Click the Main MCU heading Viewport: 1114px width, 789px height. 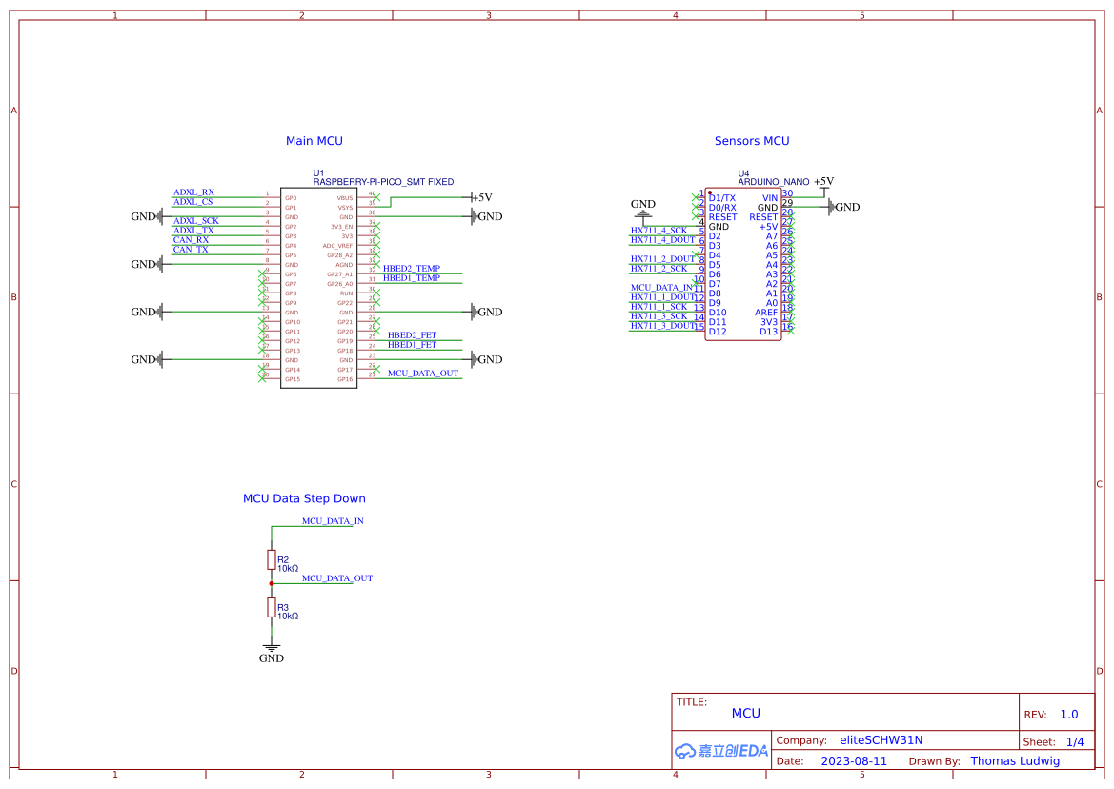[x=314, y=141]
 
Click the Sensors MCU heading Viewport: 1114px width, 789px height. [x=752, y=141]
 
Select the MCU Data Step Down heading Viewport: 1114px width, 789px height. [x=304, y=498]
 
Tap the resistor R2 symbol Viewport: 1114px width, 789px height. [x=272, y=559]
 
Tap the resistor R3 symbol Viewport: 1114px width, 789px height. [x=272, y=608]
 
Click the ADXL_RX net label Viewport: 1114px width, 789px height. [x=193, y=192]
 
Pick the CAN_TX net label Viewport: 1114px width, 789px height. [x=191, y=250]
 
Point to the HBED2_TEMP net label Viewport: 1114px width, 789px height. [x=412, y=269]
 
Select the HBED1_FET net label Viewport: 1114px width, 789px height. [x=412, y=345]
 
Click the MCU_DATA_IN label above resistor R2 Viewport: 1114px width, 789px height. [x=333, y=521]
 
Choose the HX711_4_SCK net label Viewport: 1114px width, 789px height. [x=658, y=231]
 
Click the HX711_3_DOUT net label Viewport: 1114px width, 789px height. [x=663, y=326]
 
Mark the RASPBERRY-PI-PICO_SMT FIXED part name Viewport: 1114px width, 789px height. [x=383, y=181]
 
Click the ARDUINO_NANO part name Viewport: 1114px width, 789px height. [x=773, y=181]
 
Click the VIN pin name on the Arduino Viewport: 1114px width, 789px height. [x=769, y=198]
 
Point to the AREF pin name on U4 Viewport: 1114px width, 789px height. [x=766, y=313]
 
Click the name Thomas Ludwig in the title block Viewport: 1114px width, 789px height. [x=1014, y=761]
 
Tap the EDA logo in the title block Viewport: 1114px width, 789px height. [x=720, y=751]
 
